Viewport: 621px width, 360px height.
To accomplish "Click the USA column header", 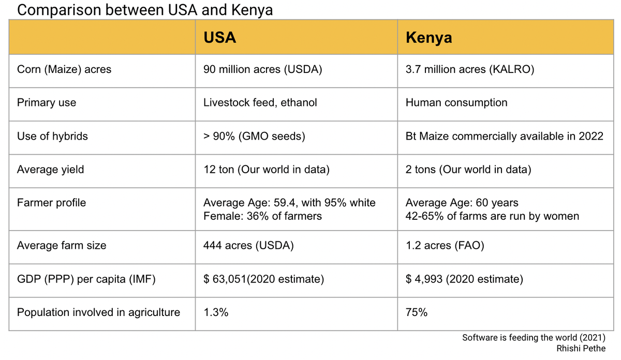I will click(x=219, y=38).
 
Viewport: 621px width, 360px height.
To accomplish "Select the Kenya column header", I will click(x=428, y=38).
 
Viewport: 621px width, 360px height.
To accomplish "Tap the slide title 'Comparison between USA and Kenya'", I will click(x=145, y=10).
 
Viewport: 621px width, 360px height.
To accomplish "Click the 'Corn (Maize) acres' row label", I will click(x=64, y=69).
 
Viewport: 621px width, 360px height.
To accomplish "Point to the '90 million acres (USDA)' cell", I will click(x=263, y=69).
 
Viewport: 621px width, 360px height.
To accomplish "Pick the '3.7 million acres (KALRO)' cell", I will click(x=470, y=69).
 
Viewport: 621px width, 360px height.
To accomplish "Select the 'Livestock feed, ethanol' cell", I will click(x=260, y=102).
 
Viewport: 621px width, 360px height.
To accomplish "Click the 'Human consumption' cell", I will click(x=456, y=102).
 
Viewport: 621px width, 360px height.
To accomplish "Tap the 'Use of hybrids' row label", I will click(x=52, y=136).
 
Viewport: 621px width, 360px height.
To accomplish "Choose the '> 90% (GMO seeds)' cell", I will click(x=254, y=136).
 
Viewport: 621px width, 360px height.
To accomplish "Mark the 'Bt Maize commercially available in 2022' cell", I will click(x=505, y=136).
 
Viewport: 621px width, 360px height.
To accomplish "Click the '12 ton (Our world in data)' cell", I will click(x=267, y=170).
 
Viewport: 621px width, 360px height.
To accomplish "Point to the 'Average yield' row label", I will click(x=50, y=170).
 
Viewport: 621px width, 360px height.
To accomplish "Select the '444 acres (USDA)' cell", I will click(x=248, y=246).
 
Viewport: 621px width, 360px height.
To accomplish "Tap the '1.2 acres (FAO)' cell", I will click(x=445, y=246).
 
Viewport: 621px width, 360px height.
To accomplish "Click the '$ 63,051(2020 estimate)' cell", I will click(x=264, y=279).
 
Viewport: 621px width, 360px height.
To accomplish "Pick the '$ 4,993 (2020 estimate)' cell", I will click(x=464, y=279).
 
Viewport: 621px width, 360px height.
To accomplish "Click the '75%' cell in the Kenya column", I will click(x=417, y=312).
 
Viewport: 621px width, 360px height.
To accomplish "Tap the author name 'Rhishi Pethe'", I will click(x=581, y=348).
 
